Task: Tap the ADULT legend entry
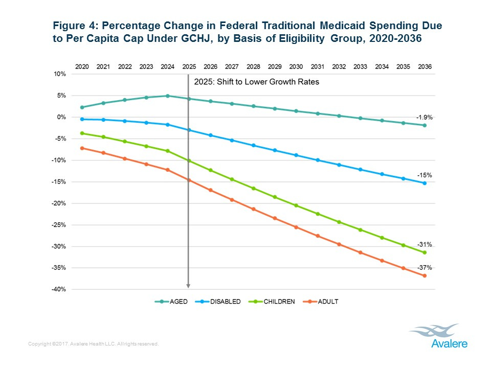pos(321,302)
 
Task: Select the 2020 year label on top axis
pos(82,66)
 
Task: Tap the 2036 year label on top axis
pos(424,66)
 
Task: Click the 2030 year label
pos(296,66)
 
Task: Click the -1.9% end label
pos(424,117)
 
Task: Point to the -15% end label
pos(426,175)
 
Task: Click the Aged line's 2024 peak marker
pos(167,96)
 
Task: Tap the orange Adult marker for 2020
pos(82,148)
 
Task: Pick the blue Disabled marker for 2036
pos(424,183)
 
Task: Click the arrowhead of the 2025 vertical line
pos(189,286)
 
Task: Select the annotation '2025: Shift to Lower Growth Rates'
pos(257,82)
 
